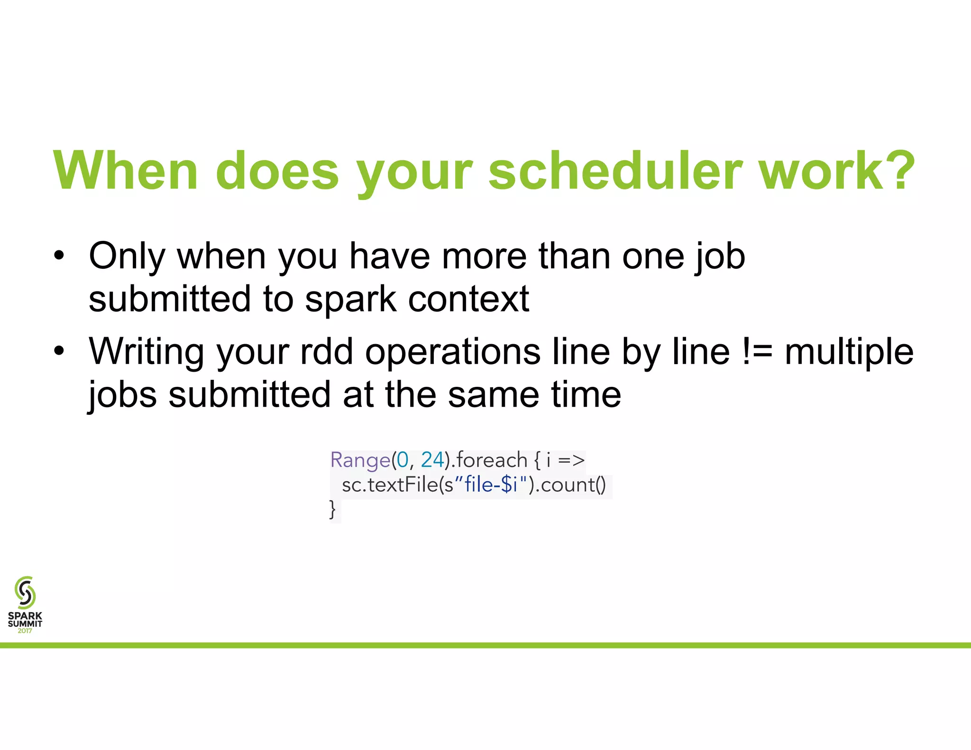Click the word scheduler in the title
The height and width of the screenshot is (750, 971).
[x=615, y=171]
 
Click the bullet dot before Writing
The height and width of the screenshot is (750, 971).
[x=59, y=351]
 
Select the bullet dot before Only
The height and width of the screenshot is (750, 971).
[x=59, y=256]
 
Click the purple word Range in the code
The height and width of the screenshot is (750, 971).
[x=360, y=460]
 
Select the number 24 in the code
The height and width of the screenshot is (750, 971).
[x=432, y=460]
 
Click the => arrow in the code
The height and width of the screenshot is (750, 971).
[x=571, y=460]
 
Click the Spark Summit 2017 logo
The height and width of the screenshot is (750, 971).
[x=25, y=604]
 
